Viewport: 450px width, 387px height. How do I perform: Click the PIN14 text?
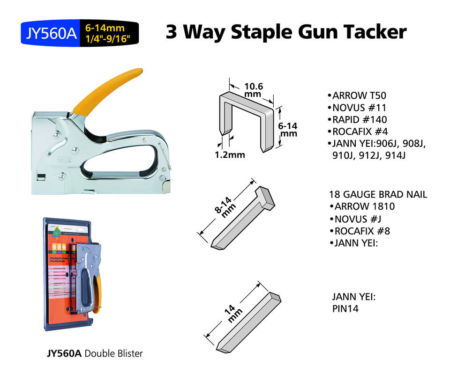tap(345, 308)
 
